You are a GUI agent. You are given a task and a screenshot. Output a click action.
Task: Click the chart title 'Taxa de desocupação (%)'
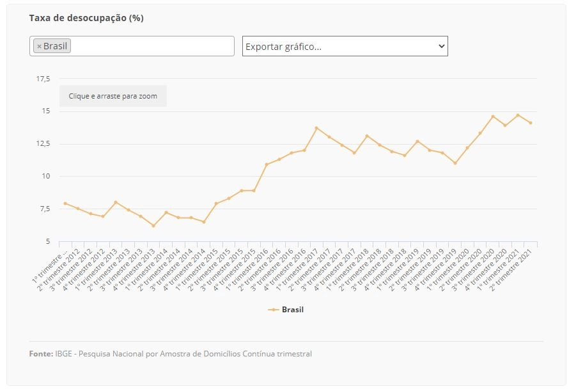[x=86, y=18]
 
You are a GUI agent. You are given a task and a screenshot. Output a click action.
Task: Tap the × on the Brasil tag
[x=39, y=46]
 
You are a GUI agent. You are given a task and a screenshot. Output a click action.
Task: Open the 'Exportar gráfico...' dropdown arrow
[x=442, y=46]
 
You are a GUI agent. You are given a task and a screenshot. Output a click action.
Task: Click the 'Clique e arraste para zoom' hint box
[x=113, y=96]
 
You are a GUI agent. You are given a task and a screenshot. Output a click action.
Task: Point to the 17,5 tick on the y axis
[x=43, y=79]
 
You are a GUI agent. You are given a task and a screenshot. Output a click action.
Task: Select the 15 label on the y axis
[x=46, y=111]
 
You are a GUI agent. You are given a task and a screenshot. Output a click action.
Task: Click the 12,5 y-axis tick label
[x=43, y=143]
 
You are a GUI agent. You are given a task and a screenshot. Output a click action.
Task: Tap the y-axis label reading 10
[x=46, y=176]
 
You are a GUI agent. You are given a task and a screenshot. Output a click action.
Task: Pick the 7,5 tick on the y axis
[x=45, y=209]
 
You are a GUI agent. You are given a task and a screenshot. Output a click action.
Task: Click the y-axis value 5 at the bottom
[x=48, y=241]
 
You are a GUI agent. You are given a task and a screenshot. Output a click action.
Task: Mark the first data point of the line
[x=65, y=203]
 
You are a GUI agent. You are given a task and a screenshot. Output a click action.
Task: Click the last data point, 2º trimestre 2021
[x=531, y=123]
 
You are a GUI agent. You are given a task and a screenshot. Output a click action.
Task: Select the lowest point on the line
[x=153, y=226]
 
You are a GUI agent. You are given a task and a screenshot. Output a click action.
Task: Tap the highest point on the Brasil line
[x=518, y=115]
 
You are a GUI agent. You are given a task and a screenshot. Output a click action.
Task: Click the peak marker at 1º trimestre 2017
[x=316, y=128]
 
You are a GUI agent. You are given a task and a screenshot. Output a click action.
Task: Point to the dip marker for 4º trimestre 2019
[x=455, y=163]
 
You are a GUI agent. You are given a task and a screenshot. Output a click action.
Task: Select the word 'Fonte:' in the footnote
[x=41, y=354]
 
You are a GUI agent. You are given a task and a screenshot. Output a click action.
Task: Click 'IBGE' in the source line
[x=63, y=354]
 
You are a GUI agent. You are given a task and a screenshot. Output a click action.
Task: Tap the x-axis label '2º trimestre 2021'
[x=513, y=270]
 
